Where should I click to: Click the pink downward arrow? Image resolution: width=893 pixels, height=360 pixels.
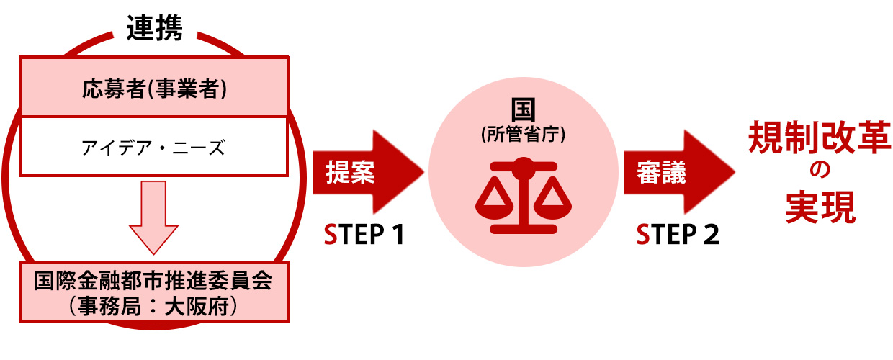point(153,217)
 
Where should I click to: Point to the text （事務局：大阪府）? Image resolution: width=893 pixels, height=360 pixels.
point(153,307)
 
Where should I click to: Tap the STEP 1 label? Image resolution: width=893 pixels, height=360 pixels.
point(363,235)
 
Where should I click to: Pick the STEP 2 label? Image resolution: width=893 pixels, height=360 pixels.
point(678,235)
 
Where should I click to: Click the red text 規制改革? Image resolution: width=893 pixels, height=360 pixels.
point(820,137)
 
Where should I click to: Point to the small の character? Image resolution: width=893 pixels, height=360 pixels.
point(820,172)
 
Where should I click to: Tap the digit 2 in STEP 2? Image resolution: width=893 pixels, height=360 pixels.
point(710,235)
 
